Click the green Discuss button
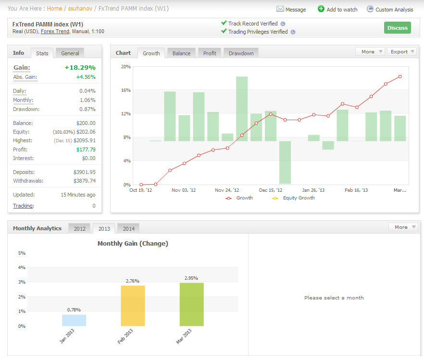[x=397, y=28]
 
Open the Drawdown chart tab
[x=241, y=53]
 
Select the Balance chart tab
[x=181, y=53]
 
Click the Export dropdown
[x=402, y=51]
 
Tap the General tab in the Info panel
[x=70, y=53]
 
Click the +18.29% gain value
[x=80, y=68]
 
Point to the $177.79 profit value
[x=86, y=149]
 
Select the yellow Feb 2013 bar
[x=133, y=306]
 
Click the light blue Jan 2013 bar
[x=74, y=320]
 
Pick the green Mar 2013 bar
[x=192, y=304]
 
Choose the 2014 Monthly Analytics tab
[x=129, y=229]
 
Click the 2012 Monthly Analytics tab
[x=79, y=229]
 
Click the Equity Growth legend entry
[x=294, y=198]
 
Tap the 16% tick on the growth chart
[x=126, y=90]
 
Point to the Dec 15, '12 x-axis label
[x=270, y=190]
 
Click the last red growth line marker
[x=400, y=76]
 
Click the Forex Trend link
[x=55, y=31]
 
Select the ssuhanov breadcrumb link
[x=80, y=9]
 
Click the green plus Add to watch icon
[x=321, y=9]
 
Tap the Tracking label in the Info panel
[x=23, y=206]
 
